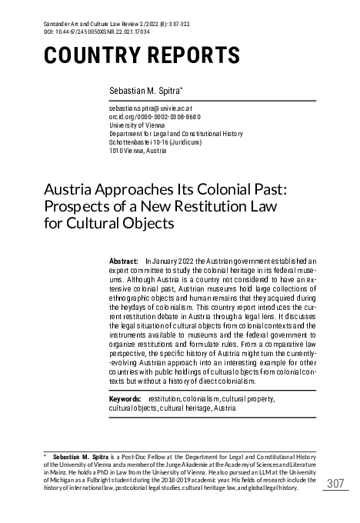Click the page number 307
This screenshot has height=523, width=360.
click(x=336, y=483)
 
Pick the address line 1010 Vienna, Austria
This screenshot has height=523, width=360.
click(x=141, y=151)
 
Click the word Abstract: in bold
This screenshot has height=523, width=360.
click(x=125, y=262)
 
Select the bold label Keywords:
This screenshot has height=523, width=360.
click(x=125, y=400)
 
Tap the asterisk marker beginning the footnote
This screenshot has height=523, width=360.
click(x=45, y=456)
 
